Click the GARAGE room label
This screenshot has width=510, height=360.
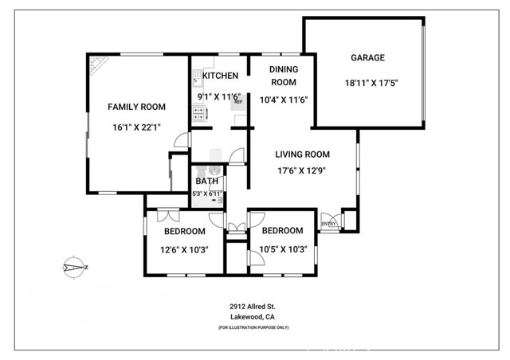(367, 57)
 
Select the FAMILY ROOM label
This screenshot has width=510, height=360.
(136, 107)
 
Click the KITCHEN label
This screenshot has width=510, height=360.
(220, 76)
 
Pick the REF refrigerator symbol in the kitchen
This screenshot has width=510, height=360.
(237, 101)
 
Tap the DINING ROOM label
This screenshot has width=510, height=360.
(283, 76)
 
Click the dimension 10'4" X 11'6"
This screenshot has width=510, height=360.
(284, 100)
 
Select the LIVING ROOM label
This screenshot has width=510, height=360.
(302, 155)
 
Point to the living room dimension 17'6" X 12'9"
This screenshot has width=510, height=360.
(302, 170)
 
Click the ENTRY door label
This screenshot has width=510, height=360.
(328, 224)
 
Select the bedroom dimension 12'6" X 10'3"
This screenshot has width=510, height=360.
(185, 249)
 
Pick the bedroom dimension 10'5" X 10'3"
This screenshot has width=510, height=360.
(282, 249)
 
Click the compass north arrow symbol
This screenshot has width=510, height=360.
(76, 268)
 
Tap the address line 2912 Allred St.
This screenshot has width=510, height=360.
(254, 306)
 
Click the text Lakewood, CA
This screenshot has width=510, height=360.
(254, 316)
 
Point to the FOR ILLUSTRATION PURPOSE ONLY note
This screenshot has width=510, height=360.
(254, 328)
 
